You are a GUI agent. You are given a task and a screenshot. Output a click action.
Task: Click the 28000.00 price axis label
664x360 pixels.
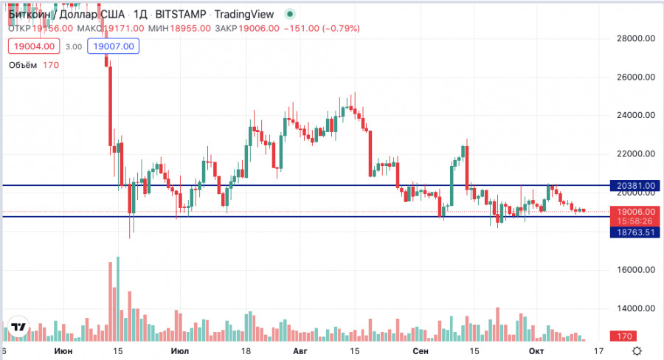[636, 38]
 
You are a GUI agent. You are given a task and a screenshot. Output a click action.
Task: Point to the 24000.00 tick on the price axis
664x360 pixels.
[636, 115]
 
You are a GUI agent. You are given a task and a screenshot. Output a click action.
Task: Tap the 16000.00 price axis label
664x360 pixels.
[636, 270]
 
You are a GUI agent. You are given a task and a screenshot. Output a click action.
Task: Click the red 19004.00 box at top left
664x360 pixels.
[32, 46]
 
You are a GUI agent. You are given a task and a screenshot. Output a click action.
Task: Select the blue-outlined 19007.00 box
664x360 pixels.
[112, 46]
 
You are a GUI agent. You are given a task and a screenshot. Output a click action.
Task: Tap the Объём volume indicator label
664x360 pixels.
[24, 65]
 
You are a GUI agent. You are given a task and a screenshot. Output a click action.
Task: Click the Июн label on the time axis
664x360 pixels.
[64, 351]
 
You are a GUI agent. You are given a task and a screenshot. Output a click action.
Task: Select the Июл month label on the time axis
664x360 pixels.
[179, 351]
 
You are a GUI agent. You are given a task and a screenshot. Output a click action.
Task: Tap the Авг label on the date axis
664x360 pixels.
[299, 351]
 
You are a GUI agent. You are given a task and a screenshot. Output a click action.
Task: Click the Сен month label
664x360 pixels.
[421, 351]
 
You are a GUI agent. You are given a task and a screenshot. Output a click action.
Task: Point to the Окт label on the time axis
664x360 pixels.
[536, 351]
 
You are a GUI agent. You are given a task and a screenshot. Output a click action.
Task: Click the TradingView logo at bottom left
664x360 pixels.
[18, 327]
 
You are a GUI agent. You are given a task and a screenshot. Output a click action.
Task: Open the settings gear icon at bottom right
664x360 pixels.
[637, 351]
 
